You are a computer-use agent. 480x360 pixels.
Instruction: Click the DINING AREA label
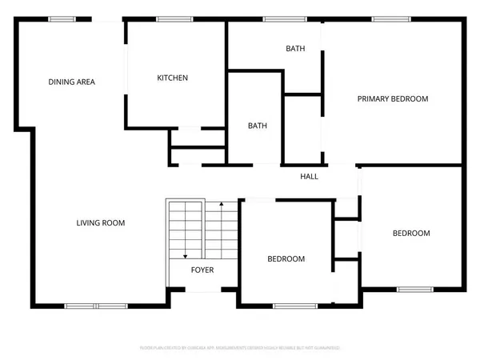pyautogui.click(x=72, y=82)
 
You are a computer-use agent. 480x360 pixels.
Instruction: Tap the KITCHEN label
pyautogui.click(x=172, y=78)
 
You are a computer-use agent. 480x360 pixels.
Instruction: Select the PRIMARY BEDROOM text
pyautogui.click(x=392, y=99)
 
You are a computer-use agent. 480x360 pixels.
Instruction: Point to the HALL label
pyautogui.click(x=310, y=176)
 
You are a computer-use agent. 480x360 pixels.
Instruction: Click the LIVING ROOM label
pyautogui.click(x=101, y=222)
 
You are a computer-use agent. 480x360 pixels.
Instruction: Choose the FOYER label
pyautogui.click(x=202, y=270)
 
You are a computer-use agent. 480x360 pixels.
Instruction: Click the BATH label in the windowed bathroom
pyautogui.click(x=295, y=49)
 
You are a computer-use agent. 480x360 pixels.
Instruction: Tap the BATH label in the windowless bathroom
pyautogui.click(x=257, y=126)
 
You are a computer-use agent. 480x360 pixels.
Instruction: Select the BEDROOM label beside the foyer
pyautogui.click(x=286, y=258)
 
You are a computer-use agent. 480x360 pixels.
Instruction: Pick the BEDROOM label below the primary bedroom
pyautogui.click(x=410, y=234)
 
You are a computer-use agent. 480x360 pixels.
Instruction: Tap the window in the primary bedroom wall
pyautogui.click(x=386, y=19)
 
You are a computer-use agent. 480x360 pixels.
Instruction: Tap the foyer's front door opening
pyautogui.click(x=203, y=290)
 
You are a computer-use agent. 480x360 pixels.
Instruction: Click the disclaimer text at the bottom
pyautogui.click(x=240, y=348)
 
